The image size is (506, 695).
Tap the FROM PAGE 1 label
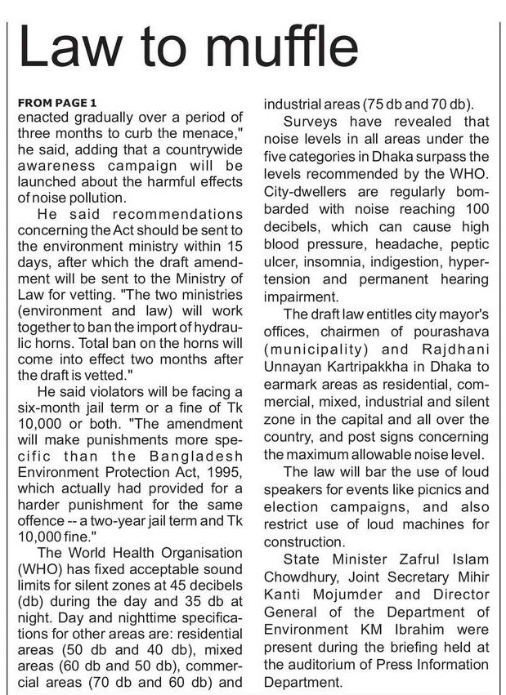56,103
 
